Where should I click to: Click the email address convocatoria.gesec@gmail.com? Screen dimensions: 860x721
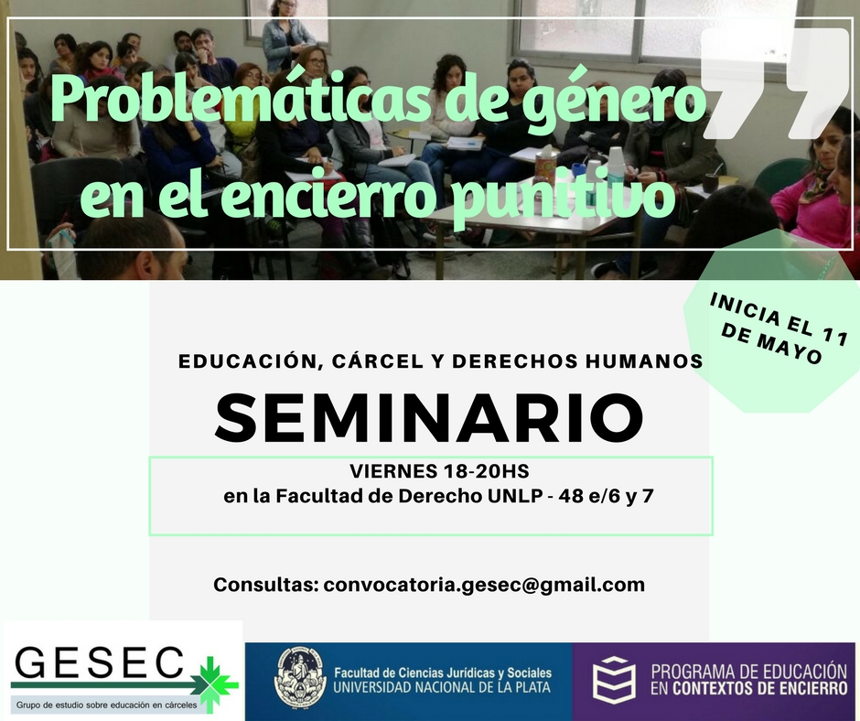pos(484,585)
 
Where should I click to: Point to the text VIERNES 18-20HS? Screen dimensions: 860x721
pos(439,471)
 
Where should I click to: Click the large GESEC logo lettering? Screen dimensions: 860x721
pos(99,662)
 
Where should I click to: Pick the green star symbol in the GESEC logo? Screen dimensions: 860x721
pos(214,683)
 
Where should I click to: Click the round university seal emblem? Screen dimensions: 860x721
pos(300,679)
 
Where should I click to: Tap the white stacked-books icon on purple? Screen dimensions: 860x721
pos(614,680)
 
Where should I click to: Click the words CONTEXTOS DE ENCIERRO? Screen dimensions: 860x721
pos(760,688)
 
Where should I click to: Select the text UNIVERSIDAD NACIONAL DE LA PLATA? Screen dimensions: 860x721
pos(442,687)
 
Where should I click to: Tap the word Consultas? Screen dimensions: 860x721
pos(266,585)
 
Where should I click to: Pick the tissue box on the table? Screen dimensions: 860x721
pos(546,164)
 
